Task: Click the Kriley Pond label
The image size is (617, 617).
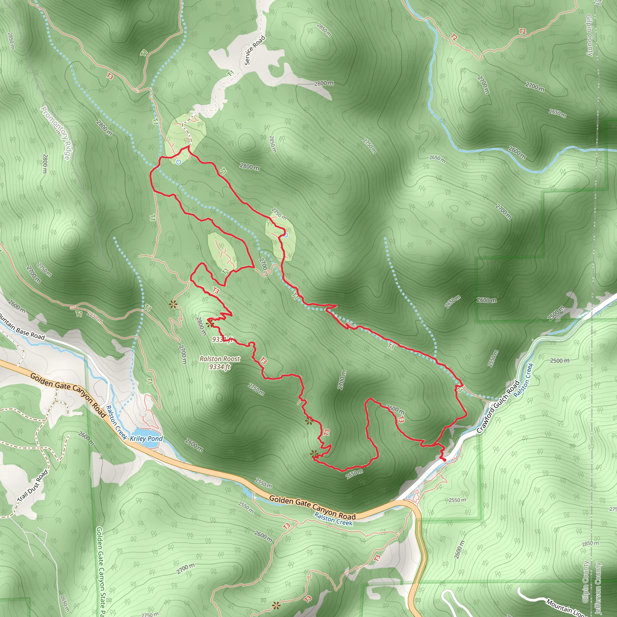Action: click(x=146, y=438)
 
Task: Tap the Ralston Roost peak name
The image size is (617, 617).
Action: click(x=220, y=359)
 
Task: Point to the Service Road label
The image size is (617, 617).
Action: click(x=255, y=50)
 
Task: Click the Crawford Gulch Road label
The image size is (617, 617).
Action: click(x=498, y=407)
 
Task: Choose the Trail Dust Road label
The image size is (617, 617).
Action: click(x=32, y=486)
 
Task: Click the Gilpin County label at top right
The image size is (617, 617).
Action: click(x=590, y=35)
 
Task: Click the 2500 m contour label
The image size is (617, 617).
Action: click(x=559, y=361)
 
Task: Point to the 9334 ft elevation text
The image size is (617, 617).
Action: click(x=220, y=367)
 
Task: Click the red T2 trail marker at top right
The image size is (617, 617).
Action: click(x=522, y=31)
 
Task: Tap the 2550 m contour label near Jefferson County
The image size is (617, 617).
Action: click(x=457, y=500)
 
